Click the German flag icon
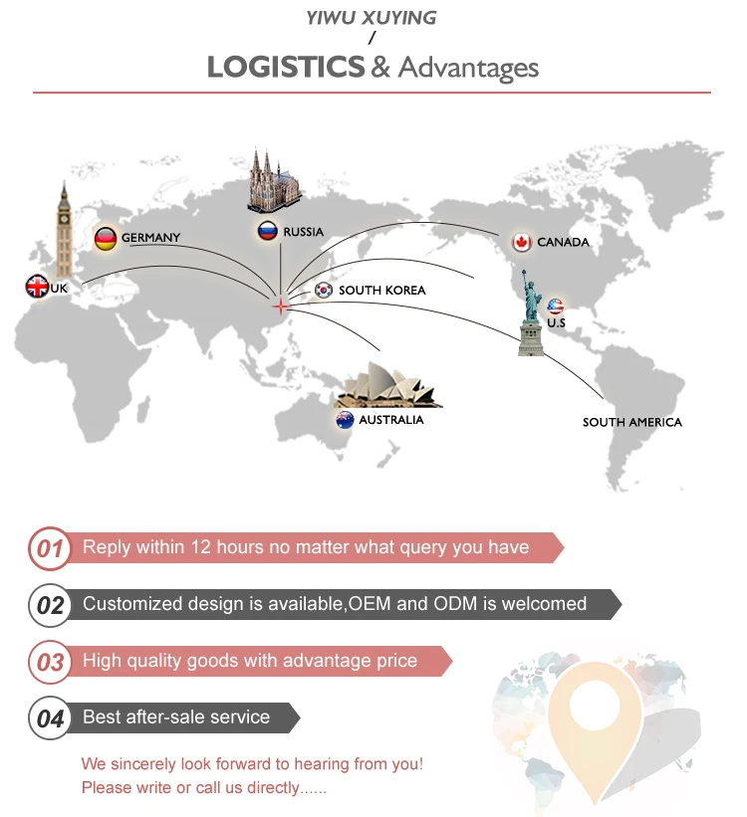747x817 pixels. tap(106, 239)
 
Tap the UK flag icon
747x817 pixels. tap(37, 288)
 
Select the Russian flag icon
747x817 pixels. tap(267, 232)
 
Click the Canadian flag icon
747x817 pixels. tap(521, 242)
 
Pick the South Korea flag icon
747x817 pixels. tap(324, 290)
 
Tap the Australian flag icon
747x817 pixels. tap(345, 420)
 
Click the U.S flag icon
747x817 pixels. tap(555, 306)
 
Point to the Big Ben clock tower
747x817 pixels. tap(65, 229)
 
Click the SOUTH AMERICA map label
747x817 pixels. tap(632, 422)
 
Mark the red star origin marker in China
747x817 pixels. tap(280, 306)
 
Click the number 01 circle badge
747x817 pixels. tap(50, 548)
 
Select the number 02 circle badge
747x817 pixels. tap(50, 605)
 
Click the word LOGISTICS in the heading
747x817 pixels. tap(285, 68)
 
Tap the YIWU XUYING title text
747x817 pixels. tap(372, 18)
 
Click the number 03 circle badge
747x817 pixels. tap(50, 662)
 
